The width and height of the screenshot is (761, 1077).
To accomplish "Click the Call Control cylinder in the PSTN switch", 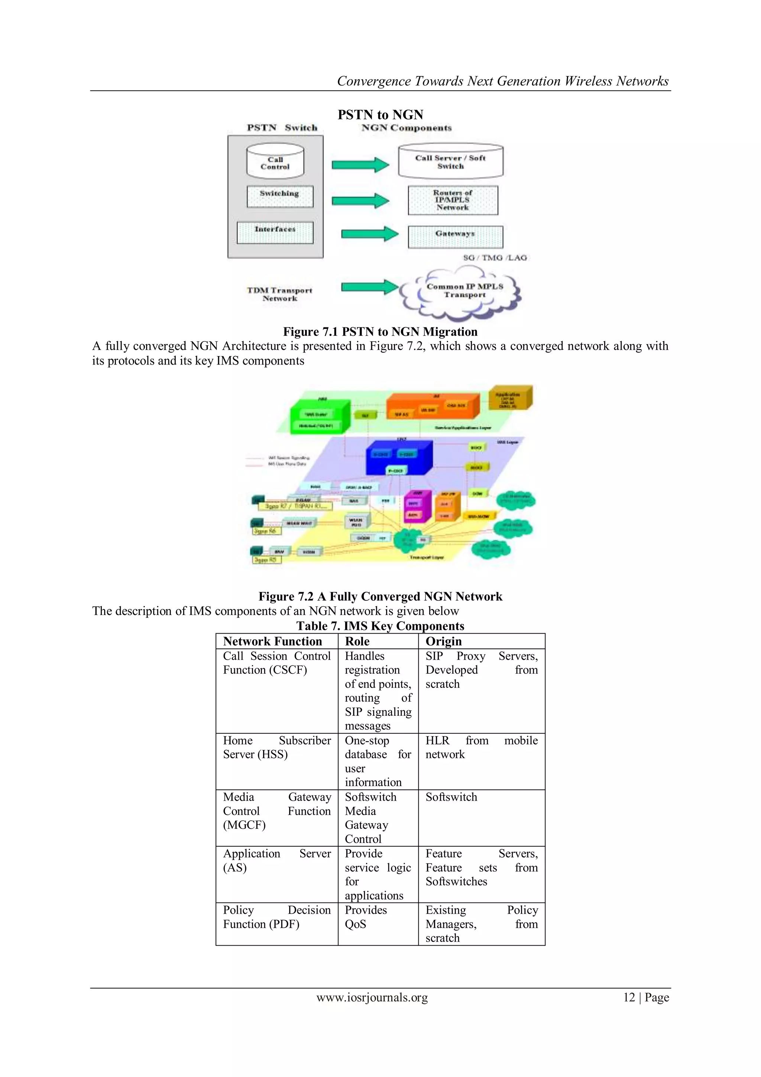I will point(275,162).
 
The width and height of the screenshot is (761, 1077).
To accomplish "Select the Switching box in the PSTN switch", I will point(280,196).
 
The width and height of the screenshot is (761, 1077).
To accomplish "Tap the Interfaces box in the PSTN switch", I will point(275,233).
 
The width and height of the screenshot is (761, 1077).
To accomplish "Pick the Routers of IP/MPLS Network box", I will point(453,200).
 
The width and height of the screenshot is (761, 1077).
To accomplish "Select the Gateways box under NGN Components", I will point(455,236).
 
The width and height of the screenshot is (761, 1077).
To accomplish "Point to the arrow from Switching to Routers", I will point(360,201).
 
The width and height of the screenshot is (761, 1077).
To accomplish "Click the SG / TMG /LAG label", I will point(495,257).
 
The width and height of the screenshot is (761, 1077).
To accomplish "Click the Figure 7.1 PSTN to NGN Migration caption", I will point(380,331).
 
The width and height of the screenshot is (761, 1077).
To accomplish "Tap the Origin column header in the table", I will point(443,641).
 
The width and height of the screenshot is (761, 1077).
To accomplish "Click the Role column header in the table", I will point(357,641).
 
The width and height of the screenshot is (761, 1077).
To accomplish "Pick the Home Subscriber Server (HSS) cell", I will point(276,747).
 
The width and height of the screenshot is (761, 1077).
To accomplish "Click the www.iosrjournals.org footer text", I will point(372,997).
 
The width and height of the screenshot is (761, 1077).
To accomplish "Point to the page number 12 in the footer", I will point(629,997).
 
